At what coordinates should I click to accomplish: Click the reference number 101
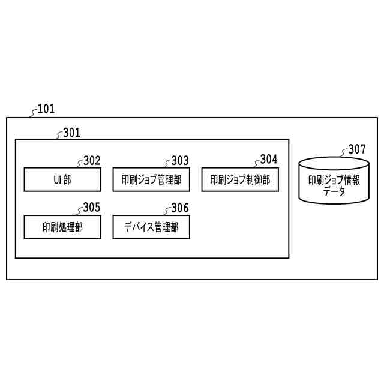pos(46,109)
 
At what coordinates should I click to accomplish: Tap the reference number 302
pos(92,160)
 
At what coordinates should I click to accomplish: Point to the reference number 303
pos(180,160)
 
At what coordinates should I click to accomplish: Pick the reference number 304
pos(269,160)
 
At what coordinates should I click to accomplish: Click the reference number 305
pos(92,208)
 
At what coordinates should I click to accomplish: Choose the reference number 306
pos(180,208)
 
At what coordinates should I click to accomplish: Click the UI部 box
pos(62,179)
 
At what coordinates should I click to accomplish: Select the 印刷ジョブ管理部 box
pos(151,179)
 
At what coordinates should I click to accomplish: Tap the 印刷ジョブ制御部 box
pos(240,179)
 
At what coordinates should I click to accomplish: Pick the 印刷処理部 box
pos(62,227)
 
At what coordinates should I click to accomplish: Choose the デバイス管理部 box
pos(151,227)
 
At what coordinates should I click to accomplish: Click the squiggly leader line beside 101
pos(34,112)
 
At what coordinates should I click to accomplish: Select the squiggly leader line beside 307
pos(344,151)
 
